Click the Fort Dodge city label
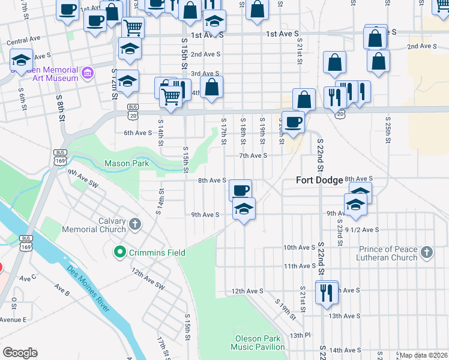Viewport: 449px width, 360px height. [319, 180]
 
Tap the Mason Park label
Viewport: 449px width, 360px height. [126, 163]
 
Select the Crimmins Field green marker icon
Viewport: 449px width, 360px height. [120, 253]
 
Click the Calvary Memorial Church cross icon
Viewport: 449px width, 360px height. [135, 224]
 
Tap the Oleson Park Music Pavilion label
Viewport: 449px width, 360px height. [259, 342]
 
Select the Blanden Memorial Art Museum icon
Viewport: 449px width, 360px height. [88, 74]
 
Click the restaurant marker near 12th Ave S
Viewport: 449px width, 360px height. [327, 293]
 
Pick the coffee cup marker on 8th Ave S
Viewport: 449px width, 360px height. [240, 190]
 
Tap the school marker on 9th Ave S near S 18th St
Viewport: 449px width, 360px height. [243, 209]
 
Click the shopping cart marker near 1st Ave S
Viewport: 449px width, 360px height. [133, 27]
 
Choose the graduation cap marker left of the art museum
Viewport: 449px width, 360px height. [21, 60]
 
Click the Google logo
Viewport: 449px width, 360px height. [19, 353]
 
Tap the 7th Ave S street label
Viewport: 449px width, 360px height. [253, 155]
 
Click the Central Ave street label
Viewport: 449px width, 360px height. [23, 40]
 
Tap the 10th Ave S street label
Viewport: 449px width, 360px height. [299, 247]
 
